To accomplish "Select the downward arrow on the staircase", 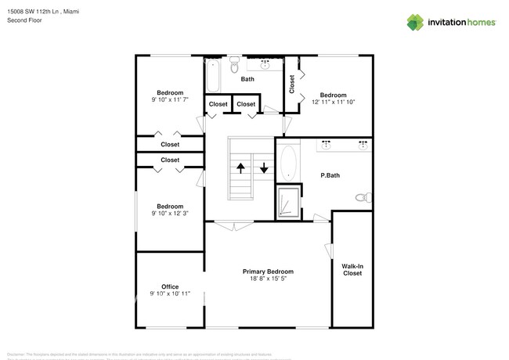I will [x=264, y=167].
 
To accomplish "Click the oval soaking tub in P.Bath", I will [x=287, y=163].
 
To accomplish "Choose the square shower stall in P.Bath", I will [x=289, y=203].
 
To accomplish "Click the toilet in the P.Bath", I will [x=363, y=198].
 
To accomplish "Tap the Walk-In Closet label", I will [x=352, y=269].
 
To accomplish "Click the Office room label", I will [x=170, y=286].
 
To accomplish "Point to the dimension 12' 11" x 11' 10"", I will [x=334, y=102].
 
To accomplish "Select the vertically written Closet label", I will [x=292, y=84].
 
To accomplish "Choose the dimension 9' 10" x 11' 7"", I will [x=170, y=99].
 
